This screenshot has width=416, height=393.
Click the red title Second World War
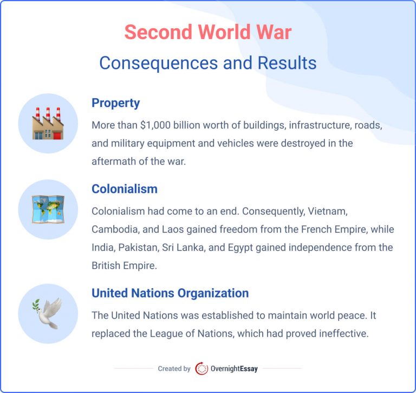click(207, 33)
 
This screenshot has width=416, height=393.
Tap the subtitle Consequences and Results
click(207, 63)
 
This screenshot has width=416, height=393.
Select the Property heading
click(115, 103)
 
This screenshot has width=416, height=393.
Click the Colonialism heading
click(125, 189)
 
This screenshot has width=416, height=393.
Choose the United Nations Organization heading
click(170, 293)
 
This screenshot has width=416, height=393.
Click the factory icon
click(48, 124)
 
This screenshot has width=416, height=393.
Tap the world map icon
click(48, 210)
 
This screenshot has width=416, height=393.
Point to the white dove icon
click(48, 313)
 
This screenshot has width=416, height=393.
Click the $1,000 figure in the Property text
click(158, 125)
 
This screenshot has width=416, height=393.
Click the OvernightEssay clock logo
click(201, 369)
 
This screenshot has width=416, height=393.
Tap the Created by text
click(174, 369)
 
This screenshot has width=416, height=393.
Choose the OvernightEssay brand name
click(235, 369)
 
